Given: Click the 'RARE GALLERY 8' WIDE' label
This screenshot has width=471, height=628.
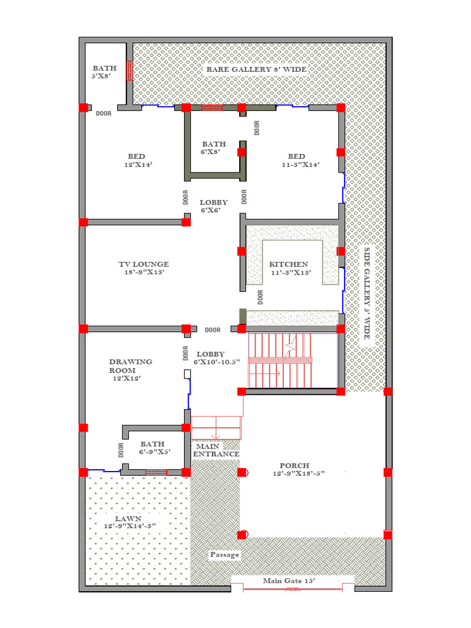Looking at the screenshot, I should (256, 69).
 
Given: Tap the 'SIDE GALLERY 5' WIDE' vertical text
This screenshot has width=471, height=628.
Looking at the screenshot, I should (367, 293).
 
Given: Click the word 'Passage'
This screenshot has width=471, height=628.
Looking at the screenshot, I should (224, 554).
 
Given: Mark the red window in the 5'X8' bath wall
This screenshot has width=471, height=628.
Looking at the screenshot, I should (129, 71).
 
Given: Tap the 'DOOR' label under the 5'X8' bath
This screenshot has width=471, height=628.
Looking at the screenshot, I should (104, 113).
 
